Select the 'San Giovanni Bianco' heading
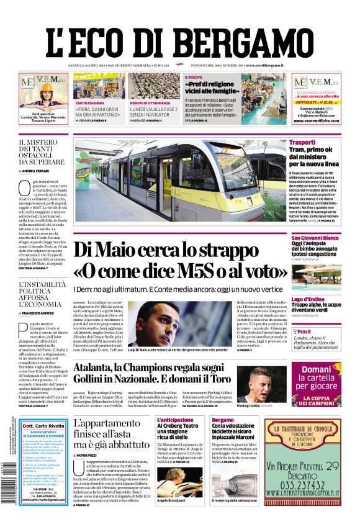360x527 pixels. tap(315, 238)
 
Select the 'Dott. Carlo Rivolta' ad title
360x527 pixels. tap(43, 426)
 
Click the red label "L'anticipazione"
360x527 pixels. tap(175, 420)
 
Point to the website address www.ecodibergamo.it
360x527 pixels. tap(264, 65)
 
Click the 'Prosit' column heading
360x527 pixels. tap(304, 332)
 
